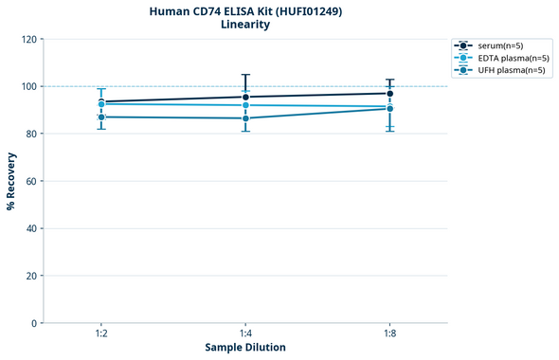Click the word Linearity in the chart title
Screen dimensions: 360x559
coord(245,25)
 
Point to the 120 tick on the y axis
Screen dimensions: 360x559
coord(28,39)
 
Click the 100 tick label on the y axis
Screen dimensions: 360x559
coord(28,86)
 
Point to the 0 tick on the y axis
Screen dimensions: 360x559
coord(34,323)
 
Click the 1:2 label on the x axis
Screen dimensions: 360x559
coord(101,334)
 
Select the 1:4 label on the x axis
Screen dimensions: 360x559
coord(245,334)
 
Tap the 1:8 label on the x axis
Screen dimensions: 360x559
coord(389,334)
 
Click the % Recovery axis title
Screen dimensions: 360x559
coord(11,181)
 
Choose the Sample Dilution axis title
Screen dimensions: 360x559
coord(245,348)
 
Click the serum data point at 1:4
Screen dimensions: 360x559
coord(245,97)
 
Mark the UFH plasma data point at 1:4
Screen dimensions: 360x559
coord(245,117)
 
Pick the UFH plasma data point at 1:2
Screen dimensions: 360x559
coord(101,117)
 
